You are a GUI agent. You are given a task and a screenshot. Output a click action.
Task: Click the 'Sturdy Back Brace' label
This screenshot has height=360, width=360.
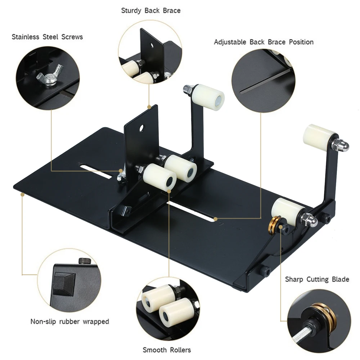tap(151, 10)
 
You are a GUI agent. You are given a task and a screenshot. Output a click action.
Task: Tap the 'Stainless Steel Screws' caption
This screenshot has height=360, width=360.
tap(47, 37)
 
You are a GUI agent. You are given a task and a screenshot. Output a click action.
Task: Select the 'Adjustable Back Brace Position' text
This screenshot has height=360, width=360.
tap(264, 42)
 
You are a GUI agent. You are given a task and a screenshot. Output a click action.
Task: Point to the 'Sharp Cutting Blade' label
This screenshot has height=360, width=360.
tap(317, 279)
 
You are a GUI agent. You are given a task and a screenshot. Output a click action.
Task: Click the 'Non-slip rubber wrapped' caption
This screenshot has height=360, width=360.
tap(69, 321)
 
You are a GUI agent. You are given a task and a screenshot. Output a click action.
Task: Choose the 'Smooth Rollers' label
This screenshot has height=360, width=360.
tap(167, 350)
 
